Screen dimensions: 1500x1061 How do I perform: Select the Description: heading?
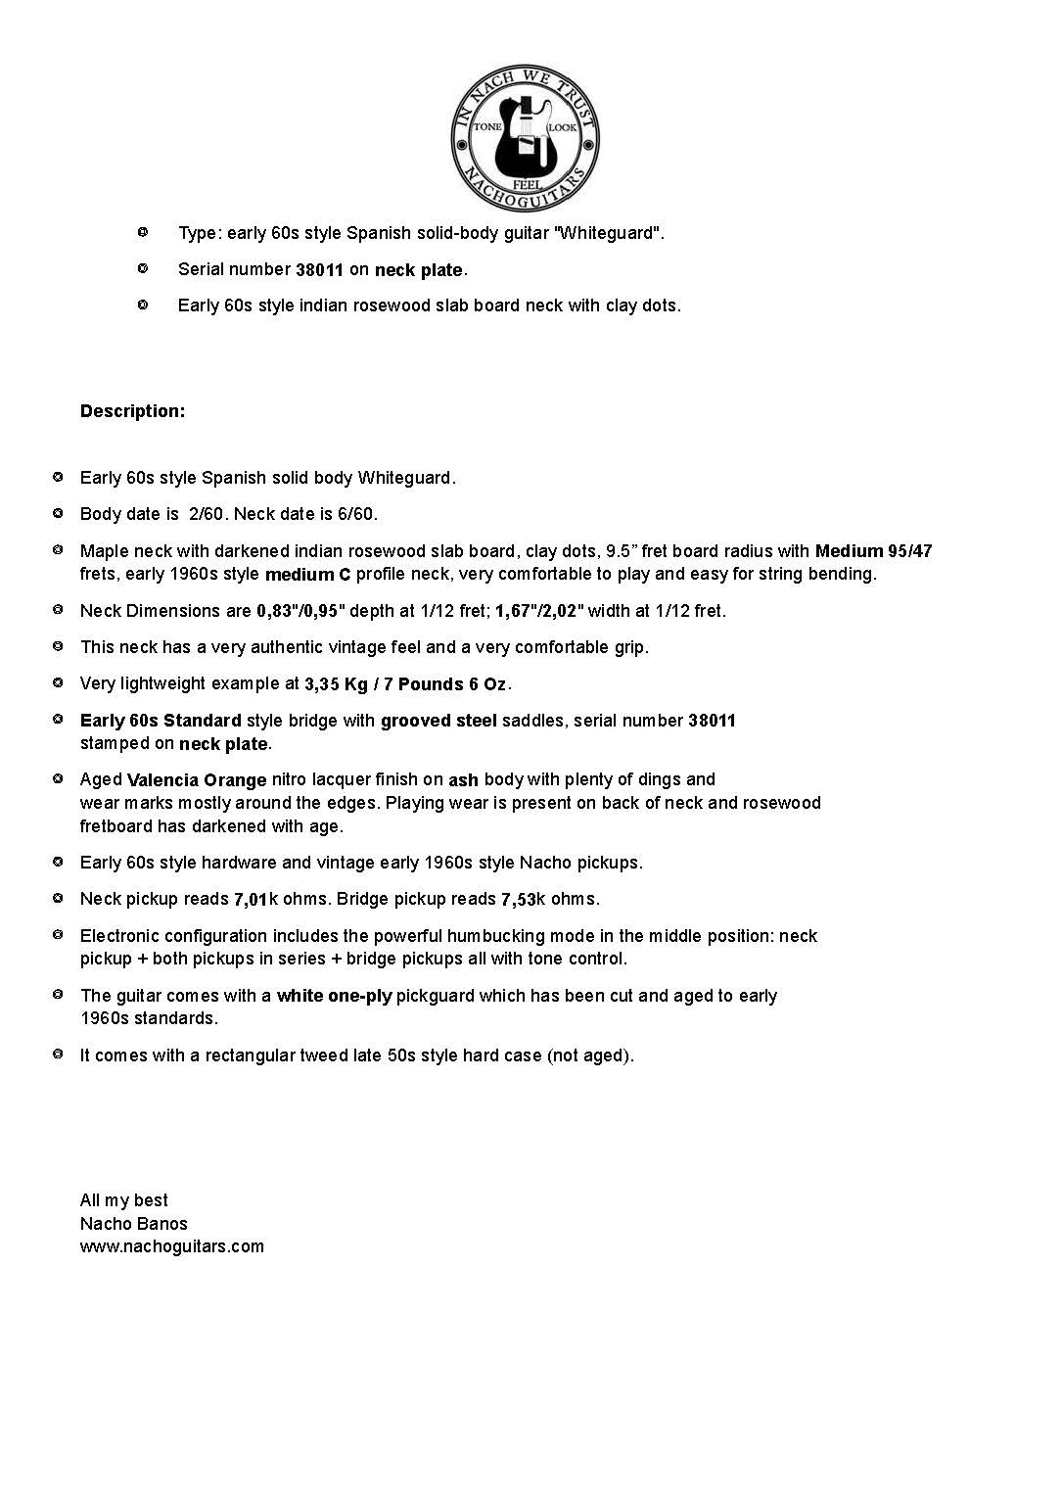tap(132, 411)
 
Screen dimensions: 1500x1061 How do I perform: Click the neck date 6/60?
tap(357, 514)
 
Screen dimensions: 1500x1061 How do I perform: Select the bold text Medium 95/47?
tap(873, 551)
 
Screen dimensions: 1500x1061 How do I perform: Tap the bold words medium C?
tap(307, 575)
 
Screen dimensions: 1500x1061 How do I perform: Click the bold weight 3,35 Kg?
tap(336, 684)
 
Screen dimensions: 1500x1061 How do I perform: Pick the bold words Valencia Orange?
tap(197, 780)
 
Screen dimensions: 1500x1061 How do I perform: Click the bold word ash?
tap(463, 780)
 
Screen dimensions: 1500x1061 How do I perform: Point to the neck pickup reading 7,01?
tap(250, 900)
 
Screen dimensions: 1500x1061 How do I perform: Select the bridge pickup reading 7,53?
tap(521, 900)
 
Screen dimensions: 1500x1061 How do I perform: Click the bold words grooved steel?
tap(438, 721)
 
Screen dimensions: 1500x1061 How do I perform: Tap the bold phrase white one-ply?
tap(334, 996)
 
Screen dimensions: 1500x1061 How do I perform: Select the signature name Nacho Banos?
tap(133, 1224)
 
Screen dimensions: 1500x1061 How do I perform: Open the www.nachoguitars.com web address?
tap(171, 1246)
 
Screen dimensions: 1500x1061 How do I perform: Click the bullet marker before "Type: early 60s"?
tap(142, 232)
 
